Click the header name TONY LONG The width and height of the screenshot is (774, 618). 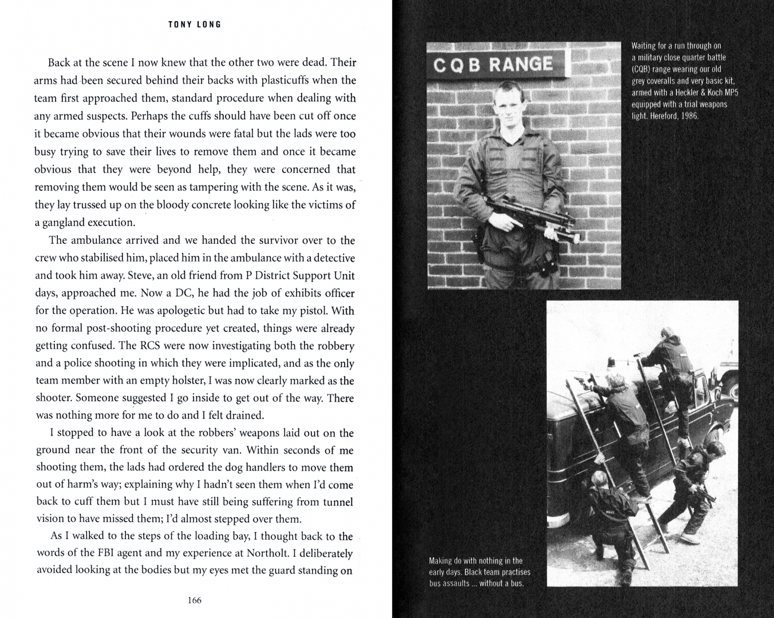point(195,25)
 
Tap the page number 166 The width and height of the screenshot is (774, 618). point(195,600)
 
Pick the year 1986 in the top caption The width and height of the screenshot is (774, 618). point(688,116)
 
